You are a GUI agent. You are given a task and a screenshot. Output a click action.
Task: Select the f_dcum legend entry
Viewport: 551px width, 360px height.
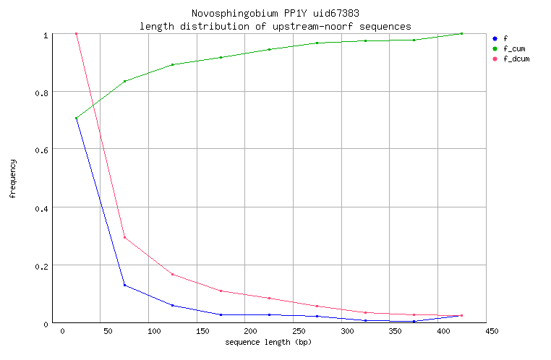(x=516, y=59)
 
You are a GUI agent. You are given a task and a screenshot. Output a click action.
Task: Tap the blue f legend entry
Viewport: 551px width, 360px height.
(x=505, y=38)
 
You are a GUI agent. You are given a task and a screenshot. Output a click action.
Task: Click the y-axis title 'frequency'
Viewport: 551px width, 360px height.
(x=12, y=179)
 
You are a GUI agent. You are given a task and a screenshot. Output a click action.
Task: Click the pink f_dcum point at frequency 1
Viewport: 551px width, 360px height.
(x=76, y=33)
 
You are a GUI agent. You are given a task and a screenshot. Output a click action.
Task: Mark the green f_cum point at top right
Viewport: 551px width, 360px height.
(x=461, y=33)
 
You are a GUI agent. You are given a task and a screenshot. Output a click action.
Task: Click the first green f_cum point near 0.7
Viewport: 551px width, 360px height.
(x=76, y=119)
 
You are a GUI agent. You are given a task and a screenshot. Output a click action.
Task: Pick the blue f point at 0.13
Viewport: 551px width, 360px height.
(x=124, y=285)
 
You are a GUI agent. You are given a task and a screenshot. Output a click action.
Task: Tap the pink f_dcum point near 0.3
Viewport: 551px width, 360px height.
(x=124, y=238)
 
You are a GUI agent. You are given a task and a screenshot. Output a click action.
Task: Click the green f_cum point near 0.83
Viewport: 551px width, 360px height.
(x=124, y=81)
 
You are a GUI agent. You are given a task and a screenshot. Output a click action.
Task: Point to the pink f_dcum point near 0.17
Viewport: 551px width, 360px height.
(x=173, y=274)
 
